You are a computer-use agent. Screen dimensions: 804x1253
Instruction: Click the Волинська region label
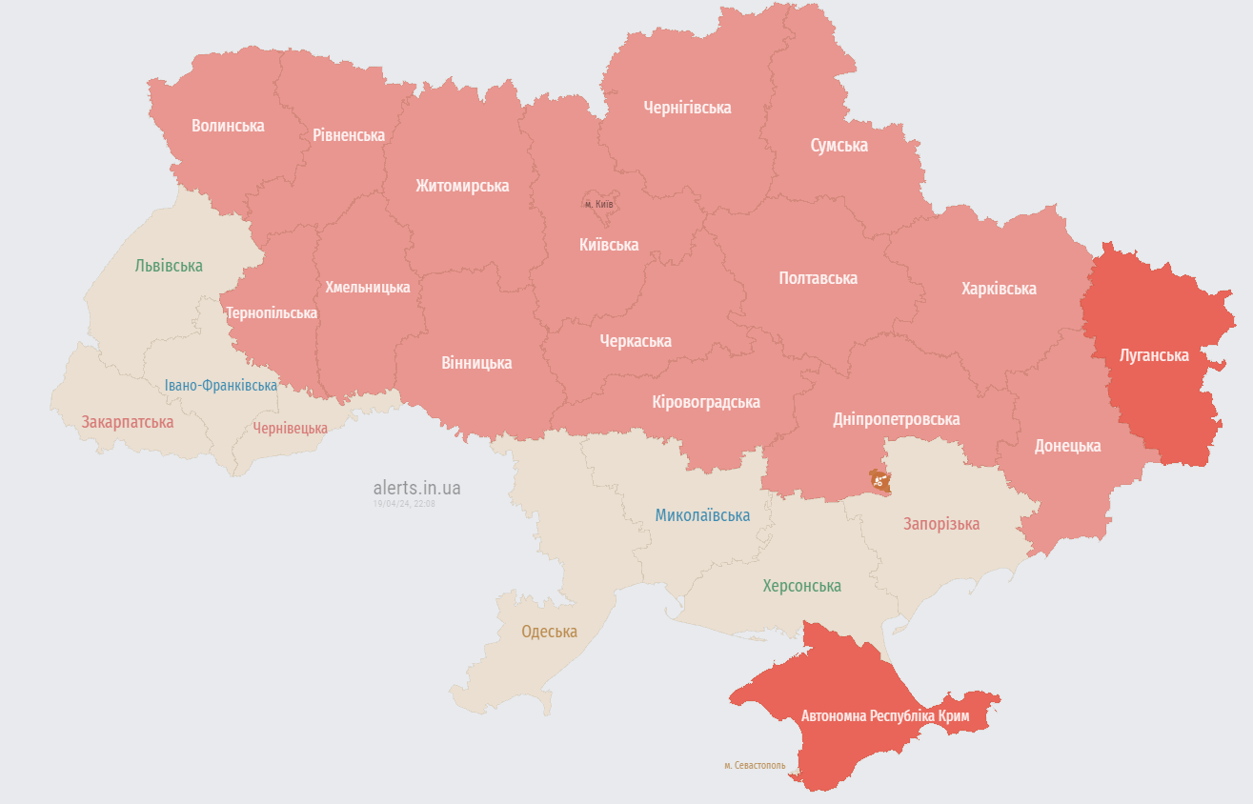pos(228,126)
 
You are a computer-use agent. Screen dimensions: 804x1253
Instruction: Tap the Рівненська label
pos(349,135)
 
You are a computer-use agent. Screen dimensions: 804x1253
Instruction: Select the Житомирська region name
pos(462,186)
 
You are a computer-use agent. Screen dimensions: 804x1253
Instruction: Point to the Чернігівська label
pos(687,108)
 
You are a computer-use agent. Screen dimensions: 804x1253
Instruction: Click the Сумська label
pos(839,146)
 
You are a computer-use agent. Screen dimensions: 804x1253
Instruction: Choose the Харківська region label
pos(999,289)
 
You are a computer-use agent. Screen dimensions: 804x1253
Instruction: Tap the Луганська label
pos(1154,355)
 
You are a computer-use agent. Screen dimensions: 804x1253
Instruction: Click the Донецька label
pos(1067,446)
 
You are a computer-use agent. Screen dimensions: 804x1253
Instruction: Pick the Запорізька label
pos(941,524)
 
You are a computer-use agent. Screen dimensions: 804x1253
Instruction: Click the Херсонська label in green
pos(801,586)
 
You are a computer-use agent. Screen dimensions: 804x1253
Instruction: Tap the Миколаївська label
pos(702,515)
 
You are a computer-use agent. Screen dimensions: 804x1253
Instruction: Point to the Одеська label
pos(549,632)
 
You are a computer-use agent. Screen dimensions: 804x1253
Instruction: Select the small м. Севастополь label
pos(755,765)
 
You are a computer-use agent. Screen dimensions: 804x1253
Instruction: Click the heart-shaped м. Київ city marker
pos(598,203)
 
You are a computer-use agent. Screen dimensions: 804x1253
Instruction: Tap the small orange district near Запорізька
pos(879,480)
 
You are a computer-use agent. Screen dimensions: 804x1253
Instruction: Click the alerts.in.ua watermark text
pos(416,488)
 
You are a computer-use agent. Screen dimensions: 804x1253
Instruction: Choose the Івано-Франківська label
pos(220,386)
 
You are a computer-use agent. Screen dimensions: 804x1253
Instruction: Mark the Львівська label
pos(169,266)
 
